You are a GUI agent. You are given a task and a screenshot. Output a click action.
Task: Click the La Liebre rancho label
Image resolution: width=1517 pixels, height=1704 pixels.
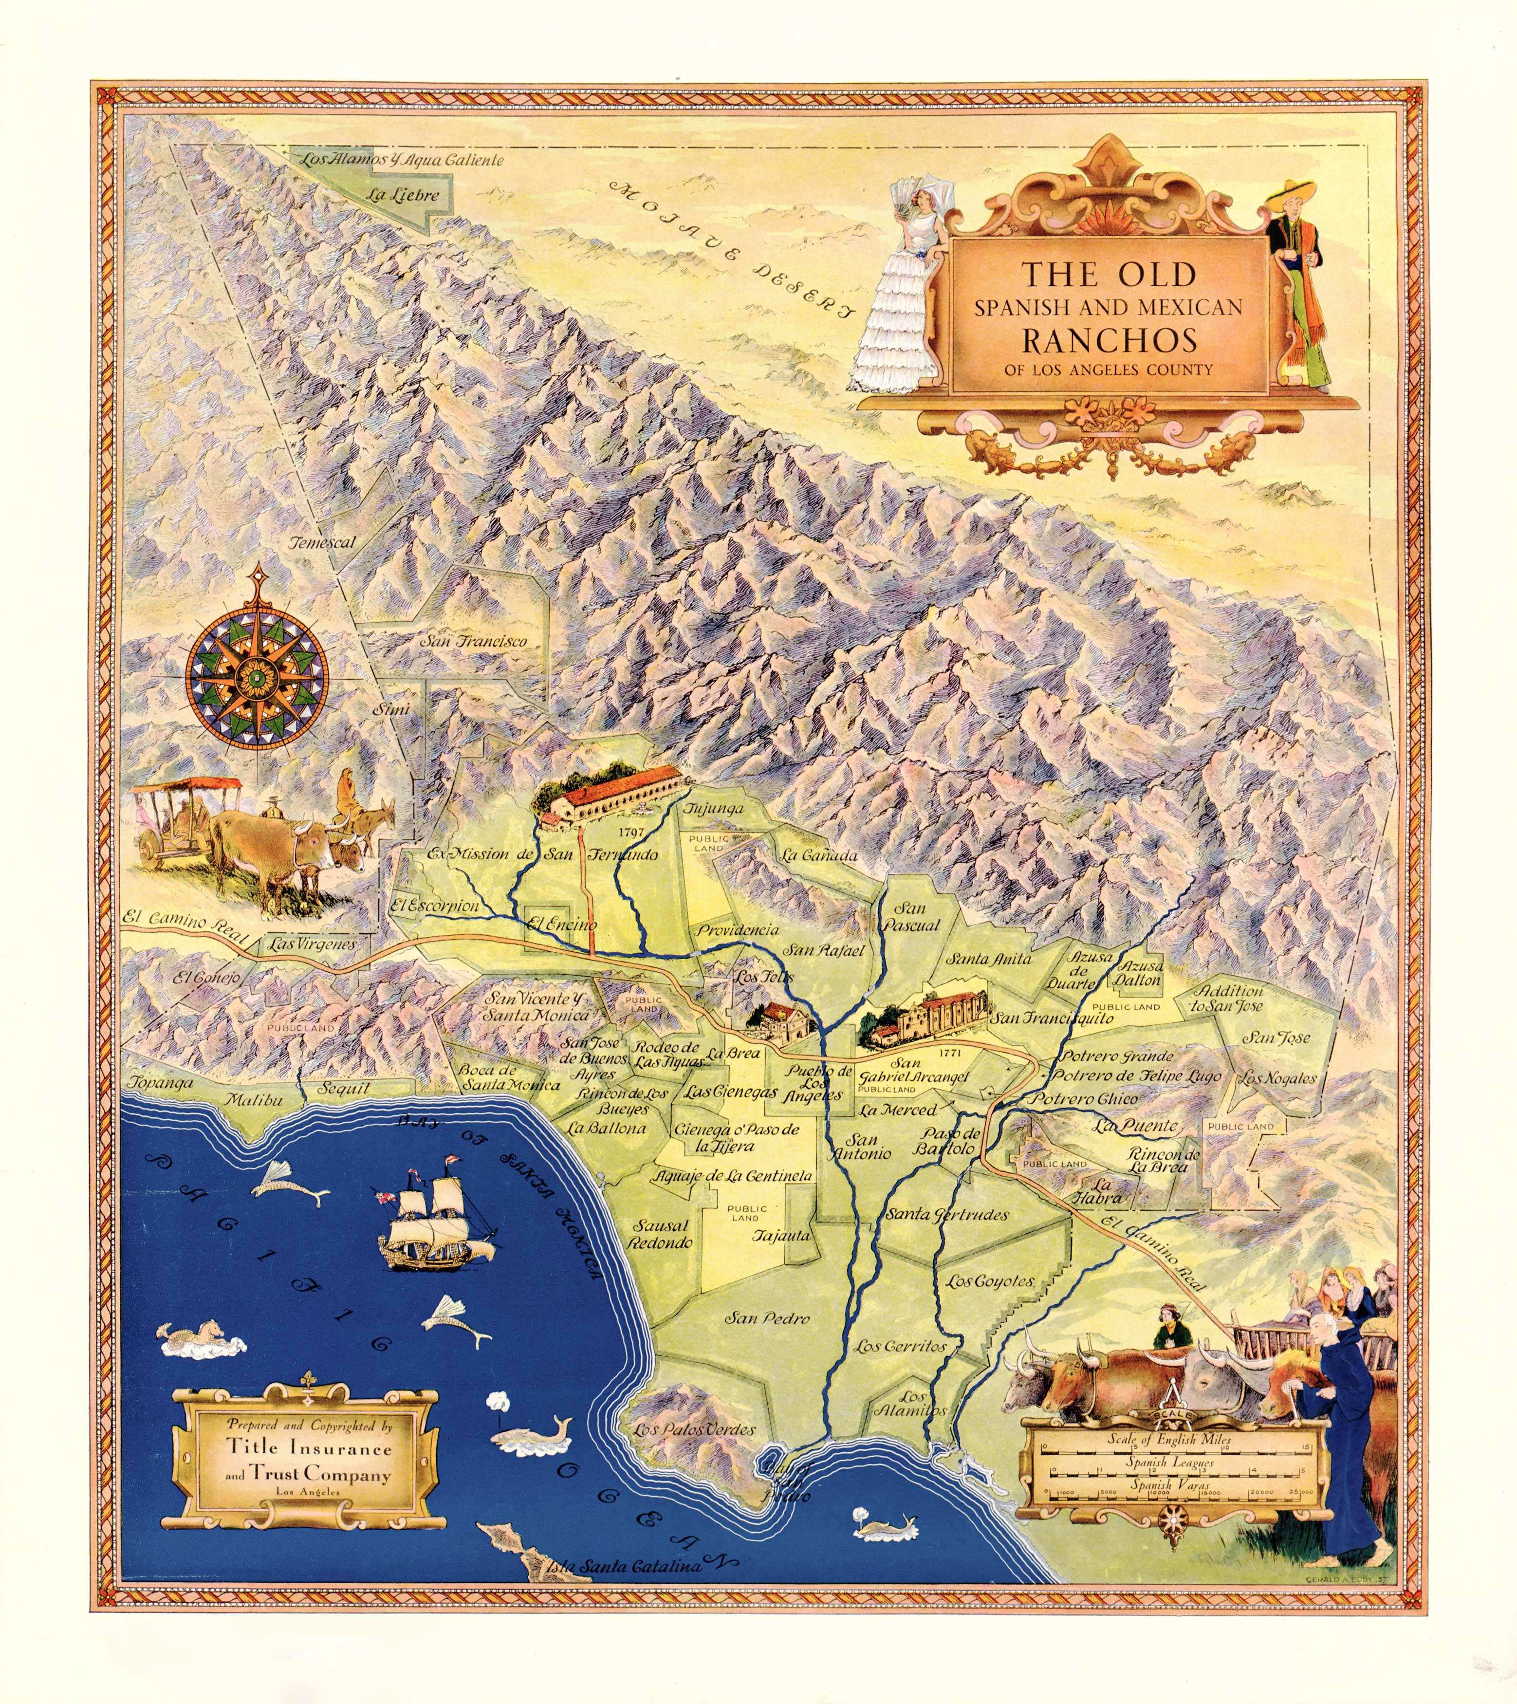[402, 195]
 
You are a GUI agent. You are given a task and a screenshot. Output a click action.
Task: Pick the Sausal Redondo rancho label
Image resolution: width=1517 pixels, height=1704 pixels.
[659, 1234]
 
